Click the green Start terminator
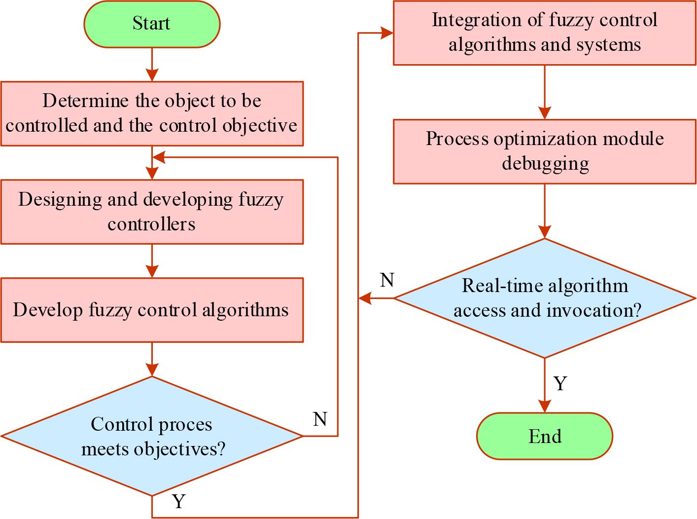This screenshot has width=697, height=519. click(151, 24)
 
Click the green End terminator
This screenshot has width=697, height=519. click(544, 436)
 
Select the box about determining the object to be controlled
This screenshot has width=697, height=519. click(151, 113)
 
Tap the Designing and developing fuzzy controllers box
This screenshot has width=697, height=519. click(151, 212)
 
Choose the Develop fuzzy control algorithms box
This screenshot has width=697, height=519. click(151, 310)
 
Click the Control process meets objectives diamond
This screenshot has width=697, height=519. click(151, 436)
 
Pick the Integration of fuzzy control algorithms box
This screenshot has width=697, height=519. click(544, 33)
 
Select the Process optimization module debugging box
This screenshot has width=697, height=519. click(544, 151)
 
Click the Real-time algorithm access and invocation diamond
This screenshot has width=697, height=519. click(544, 298)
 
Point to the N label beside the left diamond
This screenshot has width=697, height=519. click(320, 419)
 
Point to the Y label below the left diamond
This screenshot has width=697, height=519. click(178, 501)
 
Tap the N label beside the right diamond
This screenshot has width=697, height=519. click(387, 280)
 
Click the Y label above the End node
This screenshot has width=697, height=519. click(560, 383)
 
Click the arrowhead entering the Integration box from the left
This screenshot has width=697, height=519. click(387, 33)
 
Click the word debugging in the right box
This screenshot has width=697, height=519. click(545, 163)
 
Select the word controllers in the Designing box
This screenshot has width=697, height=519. click(151, 224)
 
